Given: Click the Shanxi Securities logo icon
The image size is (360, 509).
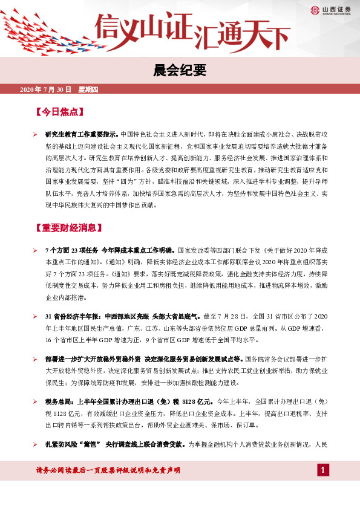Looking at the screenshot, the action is (315, 9).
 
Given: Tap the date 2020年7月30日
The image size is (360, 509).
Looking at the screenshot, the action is (46, 89).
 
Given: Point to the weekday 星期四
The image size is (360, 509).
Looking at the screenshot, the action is (92, 89).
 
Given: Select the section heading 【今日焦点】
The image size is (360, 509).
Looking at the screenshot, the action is (59, 112).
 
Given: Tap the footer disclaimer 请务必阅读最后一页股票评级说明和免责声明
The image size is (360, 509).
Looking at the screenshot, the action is (109, 470).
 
